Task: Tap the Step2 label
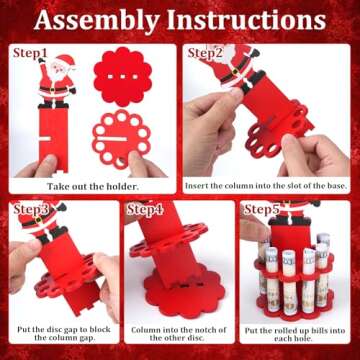pyautogui.click(x=209, y=52)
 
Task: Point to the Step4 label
pyautogui.click(x=146, y=209)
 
